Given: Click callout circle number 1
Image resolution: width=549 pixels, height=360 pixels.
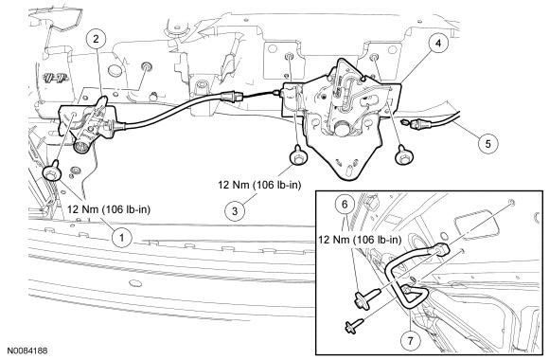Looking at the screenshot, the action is (121, 238).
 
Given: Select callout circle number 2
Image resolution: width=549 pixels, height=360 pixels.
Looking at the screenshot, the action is (97, 39).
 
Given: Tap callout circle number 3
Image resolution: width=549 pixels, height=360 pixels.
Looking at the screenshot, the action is (235, 210).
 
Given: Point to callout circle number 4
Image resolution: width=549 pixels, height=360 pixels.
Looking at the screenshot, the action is (438, 43).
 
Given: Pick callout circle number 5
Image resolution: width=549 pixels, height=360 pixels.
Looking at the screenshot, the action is (488, 143).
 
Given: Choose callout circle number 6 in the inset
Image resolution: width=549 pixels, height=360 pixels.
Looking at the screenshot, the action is (345, 205).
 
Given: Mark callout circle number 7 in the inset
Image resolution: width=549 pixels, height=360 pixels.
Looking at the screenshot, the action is (410, 340).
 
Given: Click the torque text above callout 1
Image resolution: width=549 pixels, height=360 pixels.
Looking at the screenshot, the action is (109, 209).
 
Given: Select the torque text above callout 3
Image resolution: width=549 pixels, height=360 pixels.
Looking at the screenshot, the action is (259, 185).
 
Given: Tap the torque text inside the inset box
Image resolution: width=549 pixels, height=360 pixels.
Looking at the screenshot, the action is (360, 240).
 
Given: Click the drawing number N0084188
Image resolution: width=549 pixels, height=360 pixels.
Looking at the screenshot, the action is (27, 351).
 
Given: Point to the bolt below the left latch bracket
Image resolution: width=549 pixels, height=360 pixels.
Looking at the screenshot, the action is (51, 171).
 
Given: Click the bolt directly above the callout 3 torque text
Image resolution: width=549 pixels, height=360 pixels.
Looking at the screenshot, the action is (298, 155).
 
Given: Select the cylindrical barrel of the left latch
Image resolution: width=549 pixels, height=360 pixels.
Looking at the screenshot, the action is (82, 145).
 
